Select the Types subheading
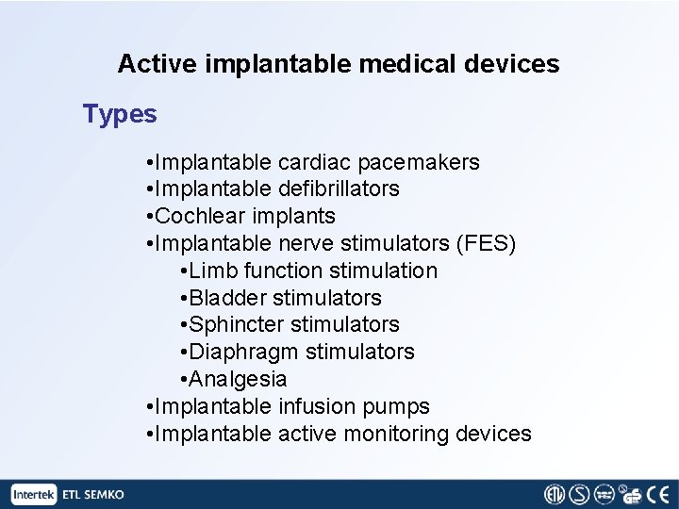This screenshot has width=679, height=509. (x=120, y=114)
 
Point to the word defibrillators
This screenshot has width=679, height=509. (x=339, y=189)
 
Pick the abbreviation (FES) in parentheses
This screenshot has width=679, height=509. (x=486, y=243)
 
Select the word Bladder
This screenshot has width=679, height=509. (x=227, y=298)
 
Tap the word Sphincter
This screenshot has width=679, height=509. (x=237, y=324)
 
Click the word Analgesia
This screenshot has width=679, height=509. (x=238, y=379)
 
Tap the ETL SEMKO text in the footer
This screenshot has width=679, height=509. (x=92, y=495)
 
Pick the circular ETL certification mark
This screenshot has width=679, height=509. (x=555, y=495)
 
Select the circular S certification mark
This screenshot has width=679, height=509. (x=579, y=495)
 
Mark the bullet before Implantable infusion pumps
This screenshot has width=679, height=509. (x=150, y=407)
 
